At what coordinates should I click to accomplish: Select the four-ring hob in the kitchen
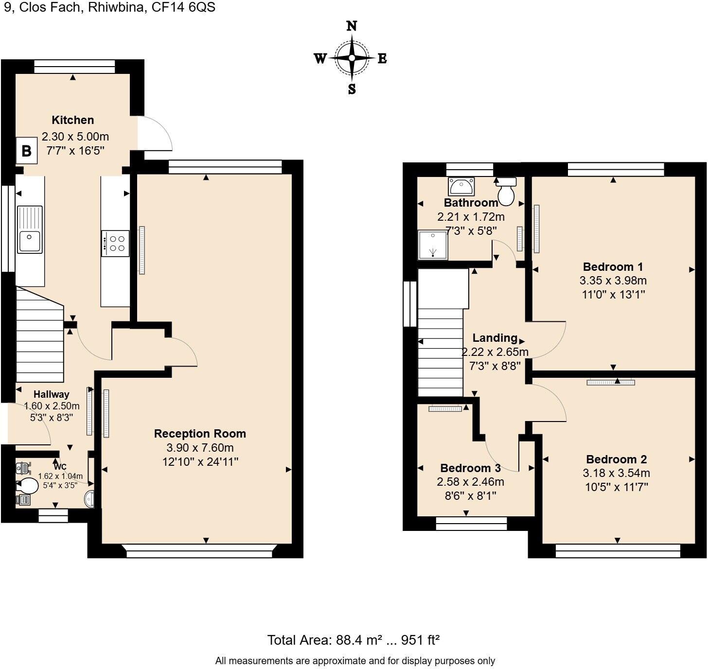coord(116,243)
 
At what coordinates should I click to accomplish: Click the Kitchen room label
coord(73,120)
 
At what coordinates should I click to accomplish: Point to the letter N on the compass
coord(352,27)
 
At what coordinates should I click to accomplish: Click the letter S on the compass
coord(352,89)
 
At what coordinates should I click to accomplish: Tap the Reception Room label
coord(200,434)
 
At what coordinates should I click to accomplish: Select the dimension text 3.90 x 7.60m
coord(200,448)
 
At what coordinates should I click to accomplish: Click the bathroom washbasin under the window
coord(460,186)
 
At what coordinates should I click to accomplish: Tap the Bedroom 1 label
coord(613,267)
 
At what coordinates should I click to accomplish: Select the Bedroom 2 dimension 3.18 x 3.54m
coord(616,473)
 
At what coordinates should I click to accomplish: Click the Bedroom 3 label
coord(470,468)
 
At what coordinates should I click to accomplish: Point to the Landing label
coord(495,338)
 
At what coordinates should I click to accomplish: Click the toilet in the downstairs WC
coord(28,485)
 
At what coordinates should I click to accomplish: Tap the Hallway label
coord(51,394)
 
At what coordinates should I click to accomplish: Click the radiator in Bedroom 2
coord(611,383)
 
